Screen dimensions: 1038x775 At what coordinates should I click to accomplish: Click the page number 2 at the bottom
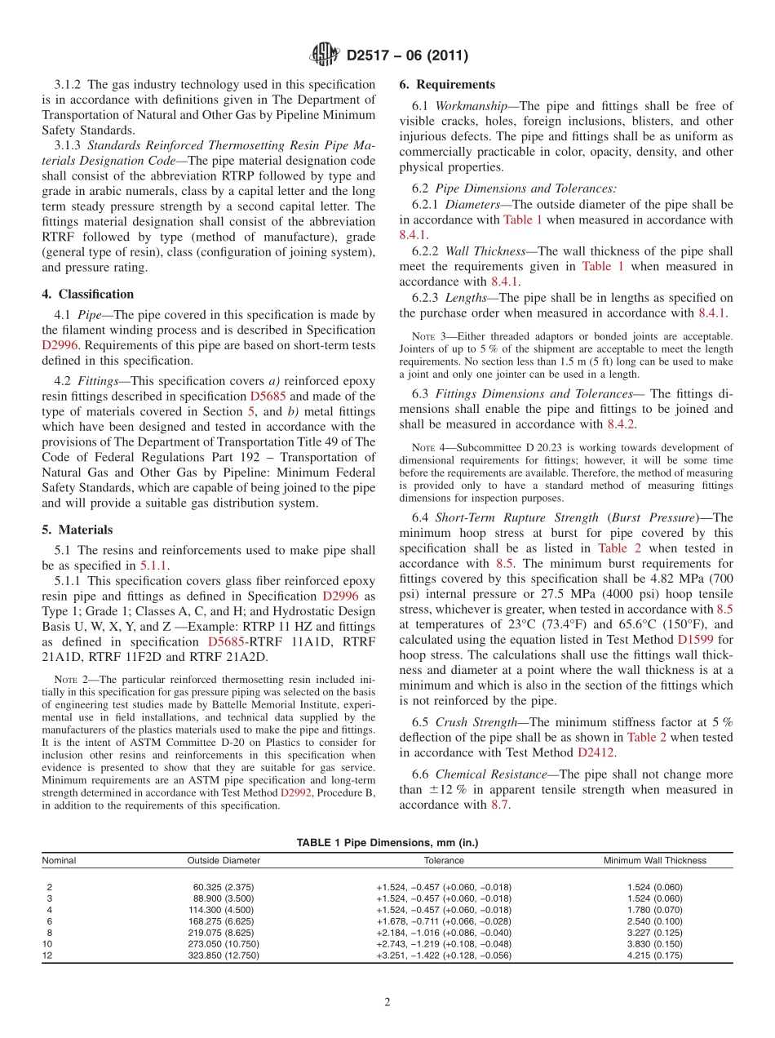387,1002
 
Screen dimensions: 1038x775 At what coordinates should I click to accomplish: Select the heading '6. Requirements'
447,85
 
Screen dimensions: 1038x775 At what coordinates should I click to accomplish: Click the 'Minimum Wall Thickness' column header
654,860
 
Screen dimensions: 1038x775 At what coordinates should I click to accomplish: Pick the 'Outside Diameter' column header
224,860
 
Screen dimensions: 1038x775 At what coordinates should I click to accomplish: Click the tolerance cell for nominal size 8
444,932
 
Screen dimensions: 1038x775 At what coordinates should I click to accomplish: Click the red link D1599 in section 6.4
693,640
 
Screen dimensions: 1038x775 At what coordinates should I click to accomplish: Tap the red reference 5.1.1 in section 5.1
154,566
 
